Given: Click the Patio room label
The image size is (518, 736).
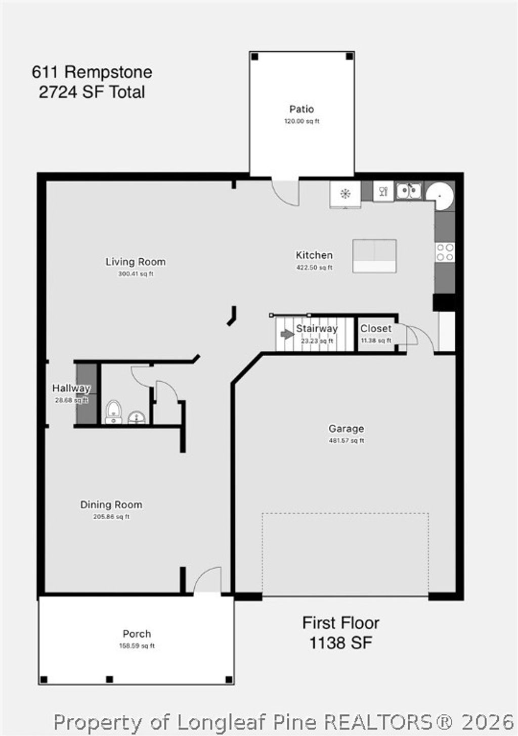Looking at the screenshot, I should coord(301,109).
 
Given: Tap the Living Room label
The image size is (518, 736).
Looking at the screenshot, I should coord(136,262).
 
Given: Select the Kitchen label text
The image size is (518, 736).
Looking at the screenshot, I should coord(314,255).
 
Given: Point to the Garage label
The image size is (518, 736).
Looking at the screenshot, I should coord(346,429).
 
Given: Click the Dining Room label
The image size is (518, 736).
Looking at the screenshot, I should coord(111,504).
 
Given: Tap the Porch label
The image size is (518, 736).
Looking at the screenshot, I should coord(137,634).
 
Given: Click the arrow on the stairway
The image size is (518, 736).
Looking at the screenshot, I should coord(287,334).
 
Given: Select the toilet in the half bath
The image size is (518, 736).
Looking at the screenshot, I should coord(113,411).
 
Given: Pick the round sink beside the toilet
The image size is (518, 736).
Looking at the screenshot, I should coord(137,417).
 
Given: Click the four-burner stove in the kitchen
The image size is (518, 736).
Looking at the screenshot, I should coord(445,252).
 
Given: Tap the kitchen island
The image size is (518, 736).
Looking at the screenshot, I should coord(374,256).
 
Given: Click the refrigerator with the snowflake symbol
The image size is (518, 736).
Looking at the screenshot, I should coord(346,193).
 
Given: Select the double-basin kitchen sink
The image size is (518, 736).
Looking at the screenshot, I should coord(409,191).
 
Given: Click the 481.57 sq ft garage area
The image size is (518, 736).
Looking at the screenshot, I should coord(347,441).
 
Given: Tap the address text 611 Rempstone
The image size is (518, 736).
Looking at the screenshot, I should coord(92,72).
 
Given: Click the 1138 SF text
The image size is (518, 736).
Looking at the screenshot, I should coord(340,643).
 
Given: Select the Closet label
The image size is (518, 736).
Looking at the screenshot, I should coord(375,329).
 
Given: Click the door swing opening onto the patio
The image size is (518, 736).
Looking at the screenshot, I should coord(285,192).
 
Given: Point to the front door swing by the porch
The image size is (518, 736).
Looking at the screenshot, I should coord(208,580).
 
